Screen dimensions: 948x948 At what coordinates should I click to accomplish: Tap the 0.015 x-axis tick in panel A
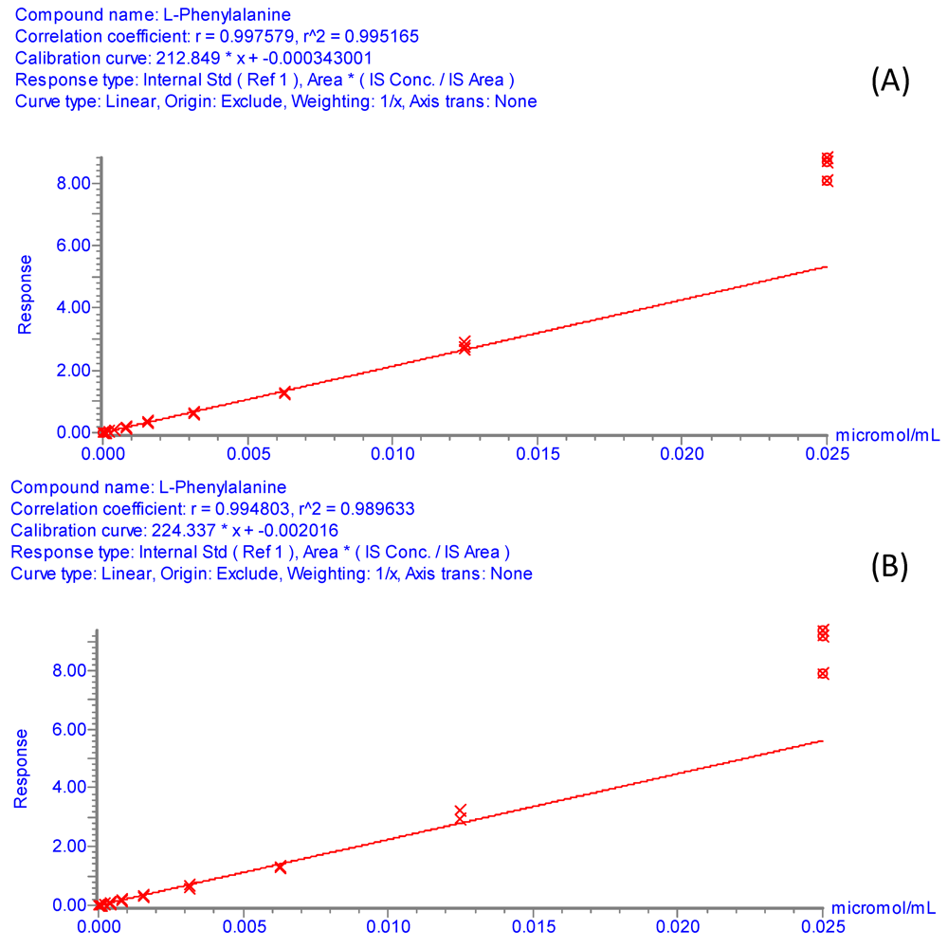coord(538,453)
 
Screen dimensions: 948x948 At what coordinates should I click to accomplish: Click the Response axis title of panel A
coord(26,294)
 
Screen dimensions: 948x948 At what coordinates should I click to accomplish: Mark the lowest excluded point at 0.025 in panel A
coord(828,180)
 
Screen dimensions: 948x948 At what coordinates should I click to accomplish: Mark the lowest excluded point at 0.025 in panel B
coord(823,673)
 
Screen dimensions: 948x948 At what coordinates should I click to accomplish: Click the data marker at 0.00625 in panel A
coord(284,392)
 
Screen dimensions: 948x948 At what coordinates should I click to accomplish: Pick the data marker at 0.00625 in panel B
coord(280,866)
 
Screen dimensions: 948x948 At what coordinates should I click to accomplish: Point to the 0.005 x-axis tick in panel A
coord(247,453)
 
